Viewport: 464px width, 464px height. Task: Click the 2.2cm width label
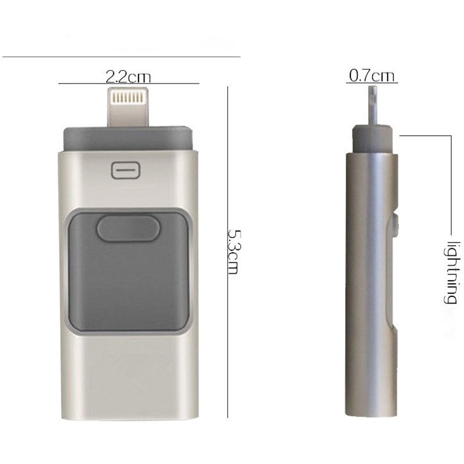tap(128, 77)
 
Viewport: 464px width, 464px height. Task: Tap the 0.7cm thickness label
tap(372, 75)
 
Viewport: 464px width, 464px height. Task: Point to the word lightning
tap(453, 273)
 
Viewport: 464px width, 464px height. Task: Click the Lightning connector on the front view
tap(128, 107)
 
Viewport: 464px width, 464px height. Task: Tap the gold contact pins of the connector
tap(128, 97)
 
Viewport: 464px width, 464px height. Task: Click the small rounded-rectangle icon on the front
tap(125, 170)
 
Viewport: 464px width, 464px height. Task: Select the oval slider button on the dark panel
tap(128, 228)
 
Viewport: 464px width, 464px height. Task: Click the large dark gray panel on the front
tap(128, 271)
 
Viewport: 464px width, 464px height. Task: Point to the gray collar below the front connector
tap(128, 138)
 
